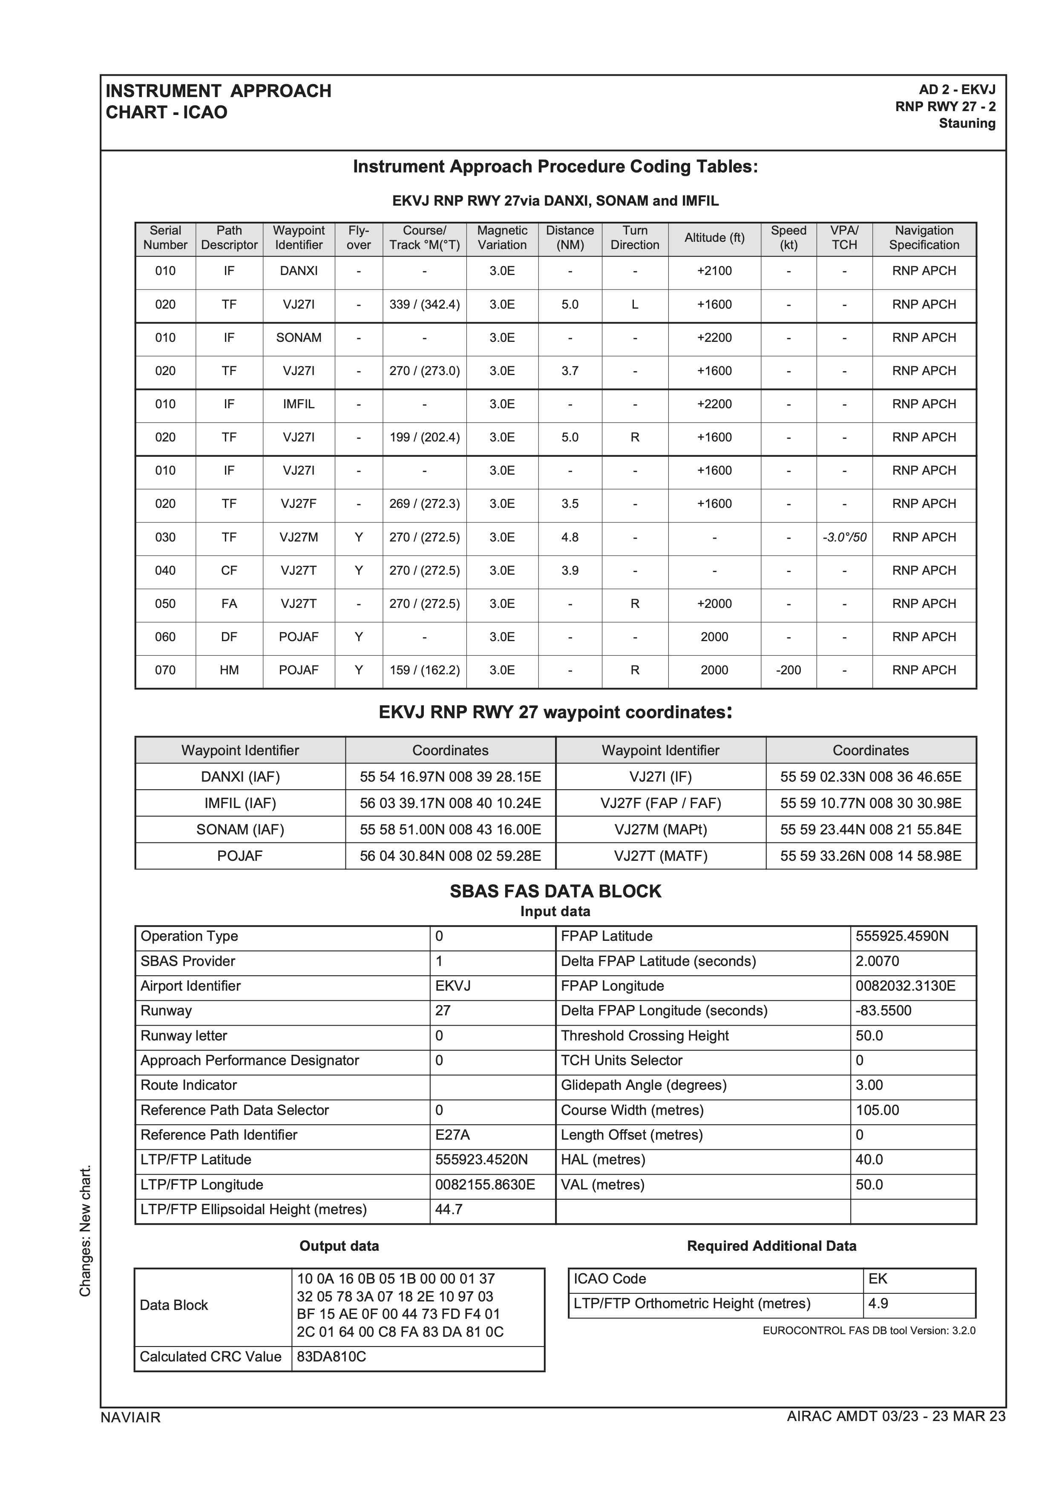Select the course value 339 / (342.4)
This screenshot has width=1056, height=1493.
(424, 304)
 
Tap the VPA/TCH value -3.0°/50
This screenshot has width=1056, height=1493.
(844, 537)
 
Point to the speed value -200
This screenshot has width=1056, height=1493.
(788, 670)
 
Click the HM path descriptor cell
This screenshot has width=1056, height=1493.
(229, 670)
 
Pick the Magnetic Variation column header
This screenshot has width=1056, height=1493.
(502, 238)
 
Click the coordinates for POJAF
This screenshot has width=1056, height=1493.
(450, 856)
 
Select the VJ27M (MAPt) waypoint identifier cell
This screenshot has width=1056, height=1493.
(660, 829)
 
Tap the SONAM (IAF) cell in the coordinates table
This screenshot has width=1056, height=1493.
(240, 829)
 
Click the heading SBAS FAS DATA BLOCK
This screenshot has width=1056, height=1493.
(555, 891)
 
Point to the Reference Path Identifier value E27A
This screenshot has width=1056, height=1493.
(452, 1135)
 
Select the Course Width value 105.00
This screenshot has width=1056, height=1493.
(877, 1110)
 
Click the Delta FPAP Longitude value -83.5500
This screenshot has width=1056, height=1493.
(883, 1011)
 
